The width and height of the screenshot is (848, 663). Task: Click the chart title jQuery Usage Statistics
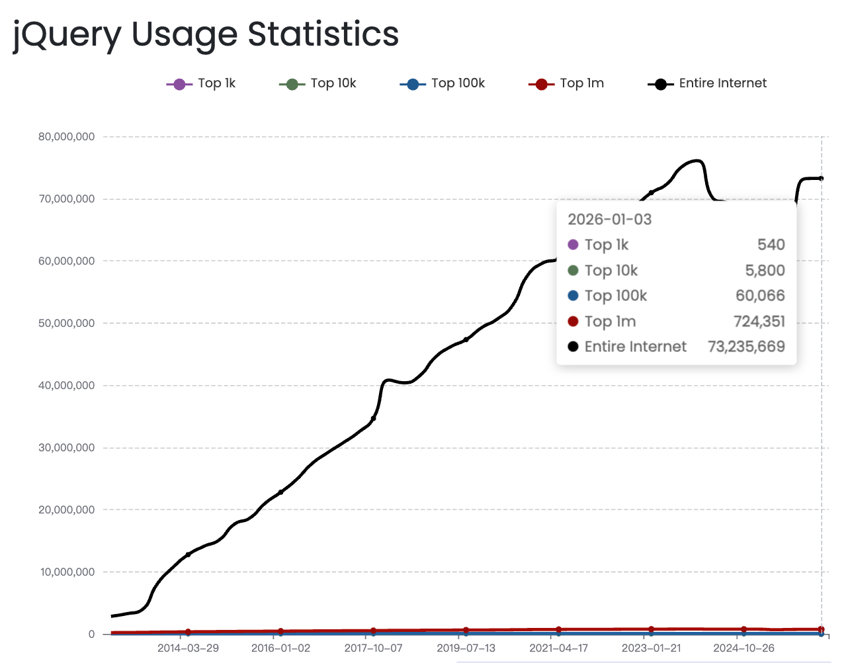click(x=206, y=34)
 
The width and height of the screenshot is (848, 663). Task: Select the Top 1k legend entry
click(x=201, y=83)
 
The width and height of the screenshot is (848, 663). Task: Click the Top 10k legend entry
click(x=318, y=83)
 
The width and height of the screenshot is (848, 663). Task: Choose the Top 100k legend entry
click(x=443, y=83)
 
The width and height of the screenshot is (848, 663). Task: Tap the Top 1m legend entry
click(x=566, y=83)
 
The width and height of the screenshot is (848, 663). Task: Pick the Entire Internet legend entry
click(x=707, y=83)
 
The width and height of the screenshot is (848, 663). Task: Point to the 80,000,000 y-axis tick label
click(x=66, y=137)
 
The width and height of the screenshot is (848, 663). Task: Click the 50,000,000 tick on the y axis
click(x=66, y=324)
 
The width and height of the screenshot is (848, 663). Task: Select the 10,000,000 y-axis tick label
click(x=66, y=572)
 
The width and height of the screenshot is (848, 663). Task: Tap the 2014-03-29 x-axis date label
click(x=188, y=648)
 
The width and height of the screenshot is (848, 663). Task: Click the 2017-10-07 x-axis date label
click(x=373, y=648)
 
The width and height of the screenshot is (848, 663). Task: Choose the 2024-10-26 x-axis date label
click(x=743, y=648)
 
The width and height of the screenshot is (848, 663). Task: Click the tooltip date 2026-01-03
click(x=609, y=220)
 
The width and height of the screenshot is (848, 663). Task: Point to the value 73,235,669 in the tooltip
click(x=746, y=347)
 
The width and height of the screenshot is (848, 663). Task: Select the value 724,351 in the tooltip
click(x=759, y=322)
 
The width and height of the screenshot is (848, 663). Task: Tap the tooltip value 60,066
click(x=760, y=296)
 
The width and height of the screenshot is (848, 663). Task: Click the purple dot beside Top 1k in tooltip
click(x=573, y=245)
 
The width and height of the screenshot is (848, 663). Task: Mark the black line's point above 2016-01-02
click(x=280, y=492)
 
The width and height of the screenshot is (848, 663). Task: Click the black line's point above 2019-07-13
click(x=466, y=339)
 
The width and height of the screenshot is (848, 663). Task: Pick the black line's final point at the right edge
click(x=821, y=179)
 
